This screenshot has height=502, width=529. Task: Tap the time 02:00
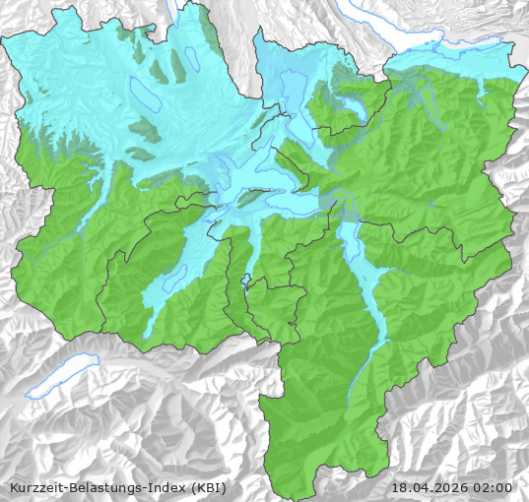point(495,487)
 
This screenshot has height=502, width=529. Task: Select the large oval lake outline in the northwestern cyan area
point(144,94)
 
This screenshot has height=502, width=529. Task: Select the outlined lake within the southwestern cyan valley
point(174,278)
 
